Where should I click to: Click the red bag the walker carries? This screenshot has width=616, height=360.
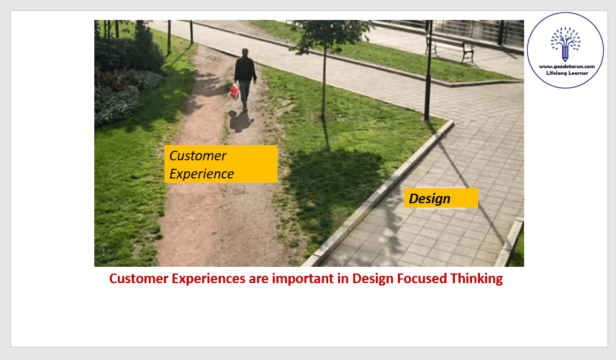(235, 91)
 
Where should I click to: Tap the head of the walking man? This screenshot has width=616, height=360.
(245, 52)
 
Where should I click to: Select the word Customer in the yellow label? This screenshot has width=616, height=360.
(198, 155)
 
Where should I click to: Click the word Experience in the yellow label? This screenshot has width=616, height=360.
(201, 174)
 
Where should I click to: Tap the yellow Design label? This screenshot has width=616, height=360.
(441, 198)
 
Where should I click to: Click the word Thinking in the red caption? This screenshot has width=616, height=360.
(476, 278)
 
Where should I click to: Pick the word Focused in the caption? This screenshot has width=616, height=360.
(422, 278)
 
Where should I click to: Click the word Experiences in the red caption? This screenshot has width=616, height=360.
(209, 278)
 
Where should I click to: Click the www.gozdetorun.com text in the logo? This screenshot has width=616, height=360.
(567, 67)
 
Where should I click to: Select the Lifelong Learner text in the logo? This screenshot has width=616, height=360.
(567, 73)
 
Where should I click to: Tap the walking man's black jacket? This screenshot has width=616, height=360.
(245, 69)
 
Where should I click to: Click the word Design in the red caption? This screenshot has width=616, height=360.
(373, 278)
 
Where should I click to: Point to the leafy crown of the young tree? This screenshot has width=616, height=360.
(329, 35)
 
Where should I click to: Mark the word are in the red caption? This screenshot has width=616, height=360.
(259, 279)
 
